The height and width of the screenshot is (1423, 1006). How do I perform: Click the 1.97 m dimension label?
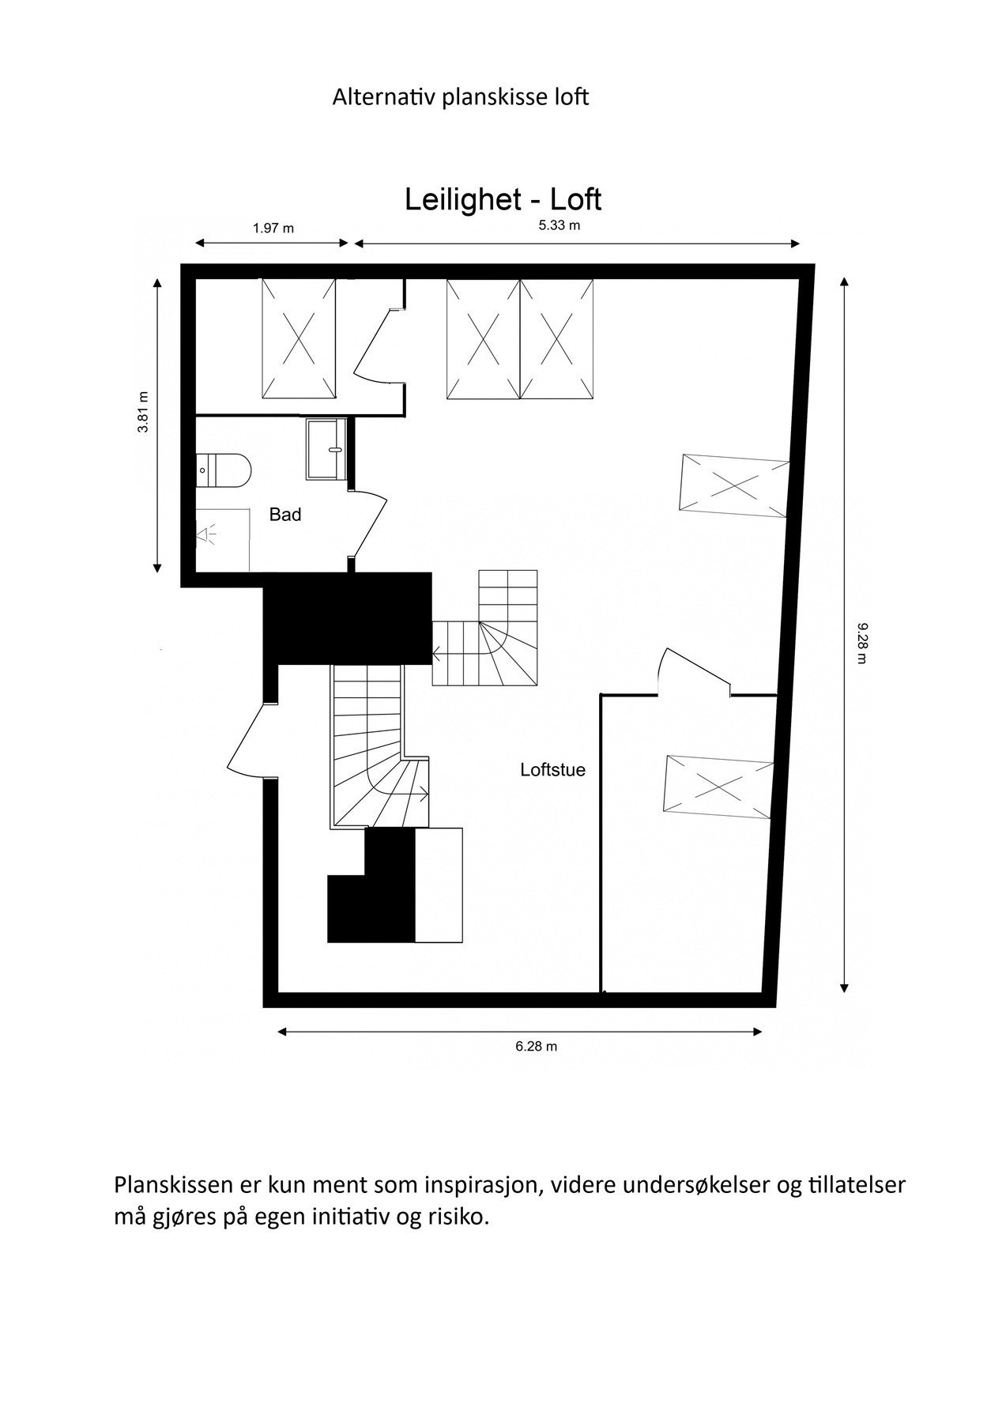(273, 228)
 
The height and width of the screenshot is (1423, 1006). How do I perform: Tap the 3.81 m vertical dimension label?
(143, 413)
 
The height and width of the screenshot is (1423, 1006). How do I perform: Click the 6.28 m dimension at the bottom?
(536, 1047)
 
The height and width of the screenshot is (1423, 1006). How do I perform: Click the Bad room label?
(285, 515)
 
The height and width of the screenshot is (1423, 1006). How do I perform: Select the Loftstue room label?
(552, 770)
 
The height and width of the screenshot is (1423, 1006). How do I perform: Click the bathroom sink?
(326, 449)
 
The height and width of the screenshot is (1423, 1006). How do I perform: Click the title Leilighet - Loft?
(503, 199)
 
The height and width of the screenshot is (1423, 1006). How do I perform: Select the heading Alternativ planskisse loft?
(460, 98)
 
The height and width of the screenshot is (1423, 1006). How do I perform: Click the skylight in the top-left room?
(299, 339)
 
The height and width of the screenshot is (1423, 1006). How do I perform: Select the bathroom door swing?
(369, 523)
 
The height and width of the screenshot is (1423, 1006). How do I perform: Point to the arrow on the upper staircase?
(437, 654)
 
